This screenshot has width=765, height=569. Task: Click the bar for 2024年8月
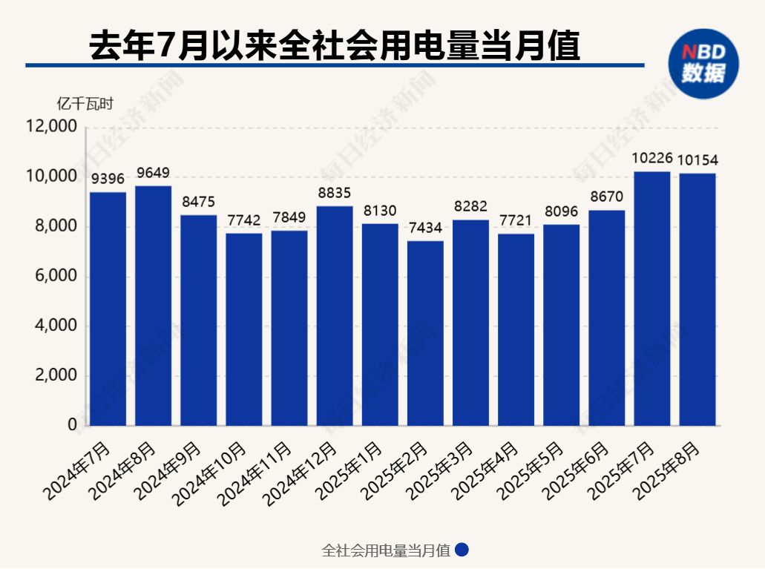153,306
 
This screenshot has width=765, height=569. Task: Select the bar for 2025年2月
425,333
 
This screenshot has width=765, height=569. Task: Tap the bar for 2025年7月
651,298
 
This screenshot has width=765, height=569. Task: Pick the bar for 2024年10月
244,329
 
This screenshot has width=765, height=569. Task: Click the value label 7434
425,227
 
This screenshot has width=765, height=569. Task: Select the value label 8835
335,192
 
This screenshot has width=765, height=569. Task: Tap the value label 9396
108,178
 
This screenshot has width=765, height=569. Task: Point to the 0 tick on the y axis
72,426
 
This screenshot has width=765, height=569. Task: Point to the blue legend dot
462,550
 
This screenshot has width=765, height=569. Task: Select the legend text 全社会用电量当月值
386,551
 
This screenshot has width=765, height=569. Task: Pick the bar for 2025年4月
516,329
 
